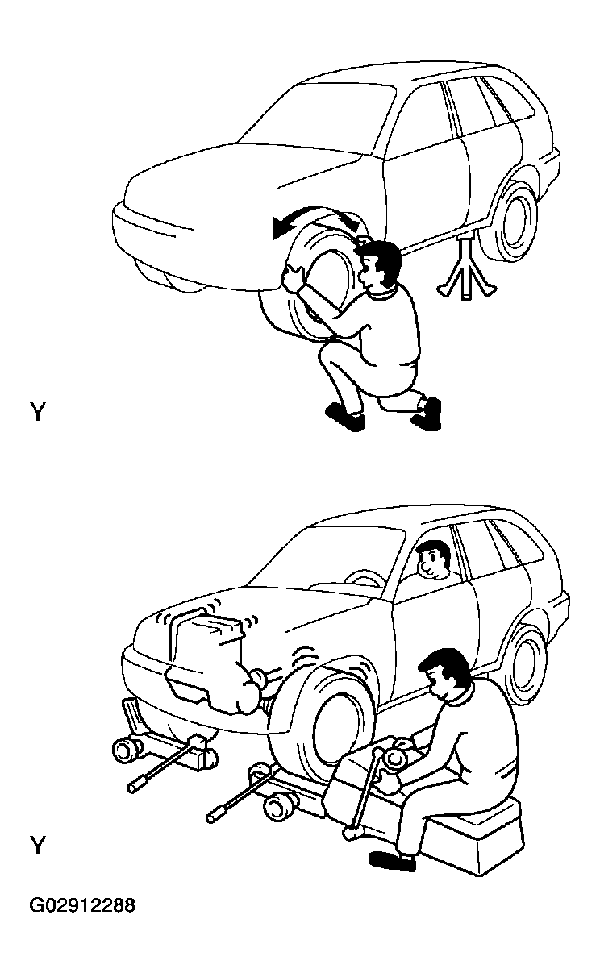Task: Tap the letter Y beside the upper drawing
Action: pos(38,412)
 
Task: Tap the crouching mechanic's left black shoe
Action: pos(345,417)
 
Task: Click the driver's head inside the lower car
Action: pos(432,559)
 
